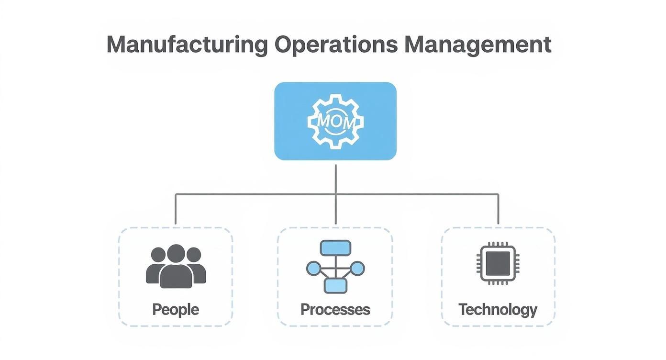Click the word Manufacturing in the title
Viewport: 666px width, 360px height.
tap(187, 45)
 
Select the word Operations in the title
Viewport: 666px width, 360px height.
tap(336, 45)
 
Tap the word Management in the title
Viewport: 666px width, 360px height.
tap(477, 45)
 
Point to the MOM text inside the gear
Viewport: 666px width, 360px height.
tap(335, 122)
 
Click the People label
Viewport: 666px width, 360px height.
tap(176, 309)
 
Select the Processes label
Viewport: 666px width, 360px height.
tap(335, 309)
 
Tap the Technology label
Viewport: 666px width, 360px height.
tap(498, 309)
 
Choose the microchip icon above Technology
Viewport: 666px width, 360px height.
tap(498, 263)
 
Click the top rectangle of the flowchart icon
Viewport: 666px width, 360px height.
tap(335, 247)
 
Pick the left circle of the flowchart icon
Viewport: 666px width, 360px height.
tap(313, 268)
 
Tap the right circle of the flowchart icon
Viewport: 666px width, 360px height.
tap(357, 268)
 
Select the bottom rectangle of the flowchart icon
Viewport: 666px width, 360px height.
tap(335, 286)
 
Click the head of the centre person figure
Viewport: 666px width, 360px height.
tap(176, 253)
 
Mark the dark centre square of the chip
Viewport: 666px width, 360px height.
tap(498, 263)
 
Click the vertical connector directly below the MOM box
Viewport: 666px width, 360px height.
tap(335, 178)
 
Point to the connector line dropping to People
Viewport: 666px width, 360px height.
tap(176, 210)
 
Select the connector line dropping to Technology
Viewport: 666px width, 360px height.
tap(498, 210)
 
